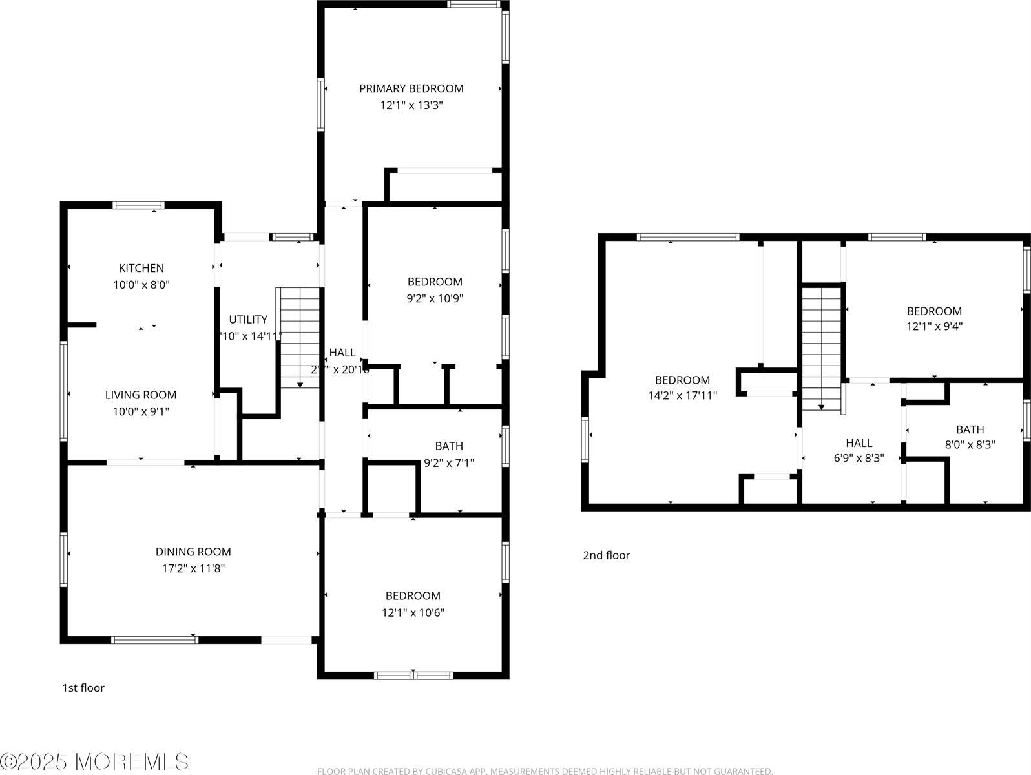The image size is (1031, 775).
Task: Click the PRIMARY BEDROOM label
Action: pos(411,88)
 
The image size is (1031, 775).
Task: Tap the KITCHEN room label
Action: pos(141,268)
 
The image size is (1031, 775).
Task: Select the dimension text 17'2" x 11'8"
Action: pos(193,568)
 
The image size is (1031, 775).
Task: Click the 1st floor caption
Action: pos(83,688)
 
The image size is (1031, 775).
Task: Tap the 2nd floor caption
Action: pos(606,555)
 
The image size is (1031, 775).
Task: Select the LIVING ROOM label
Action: pos(141,395)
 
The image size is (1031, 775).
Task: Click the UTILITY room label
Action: pos(248,319)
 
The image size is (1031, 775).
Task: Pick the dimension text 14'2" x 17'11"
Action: pos(682,395)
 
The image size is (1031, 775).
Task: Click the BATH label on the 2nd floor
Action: pos(970,429)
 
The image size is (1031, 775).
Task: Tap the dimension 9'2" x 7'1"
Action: pos(448,462)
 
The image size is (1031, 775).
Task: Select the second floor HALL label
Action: pos(859,443)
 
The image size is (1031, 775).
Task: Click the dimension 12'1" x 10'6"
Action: pos(413,612)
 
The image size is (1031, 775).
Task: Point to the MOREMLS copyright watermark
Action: pos(95,761)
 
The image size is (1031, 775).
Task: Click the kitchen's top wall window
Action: pos(138,205)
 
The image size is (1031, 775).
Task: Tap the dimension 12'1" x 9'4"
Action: pos(934,326)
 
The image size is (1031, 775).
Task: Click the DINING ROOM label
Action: pos(193,552)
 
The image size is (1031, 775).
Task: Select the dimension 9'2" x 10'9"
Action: pos(434,298)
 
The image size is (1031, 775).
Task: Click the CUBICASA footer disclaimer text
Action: pos(545,770)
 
